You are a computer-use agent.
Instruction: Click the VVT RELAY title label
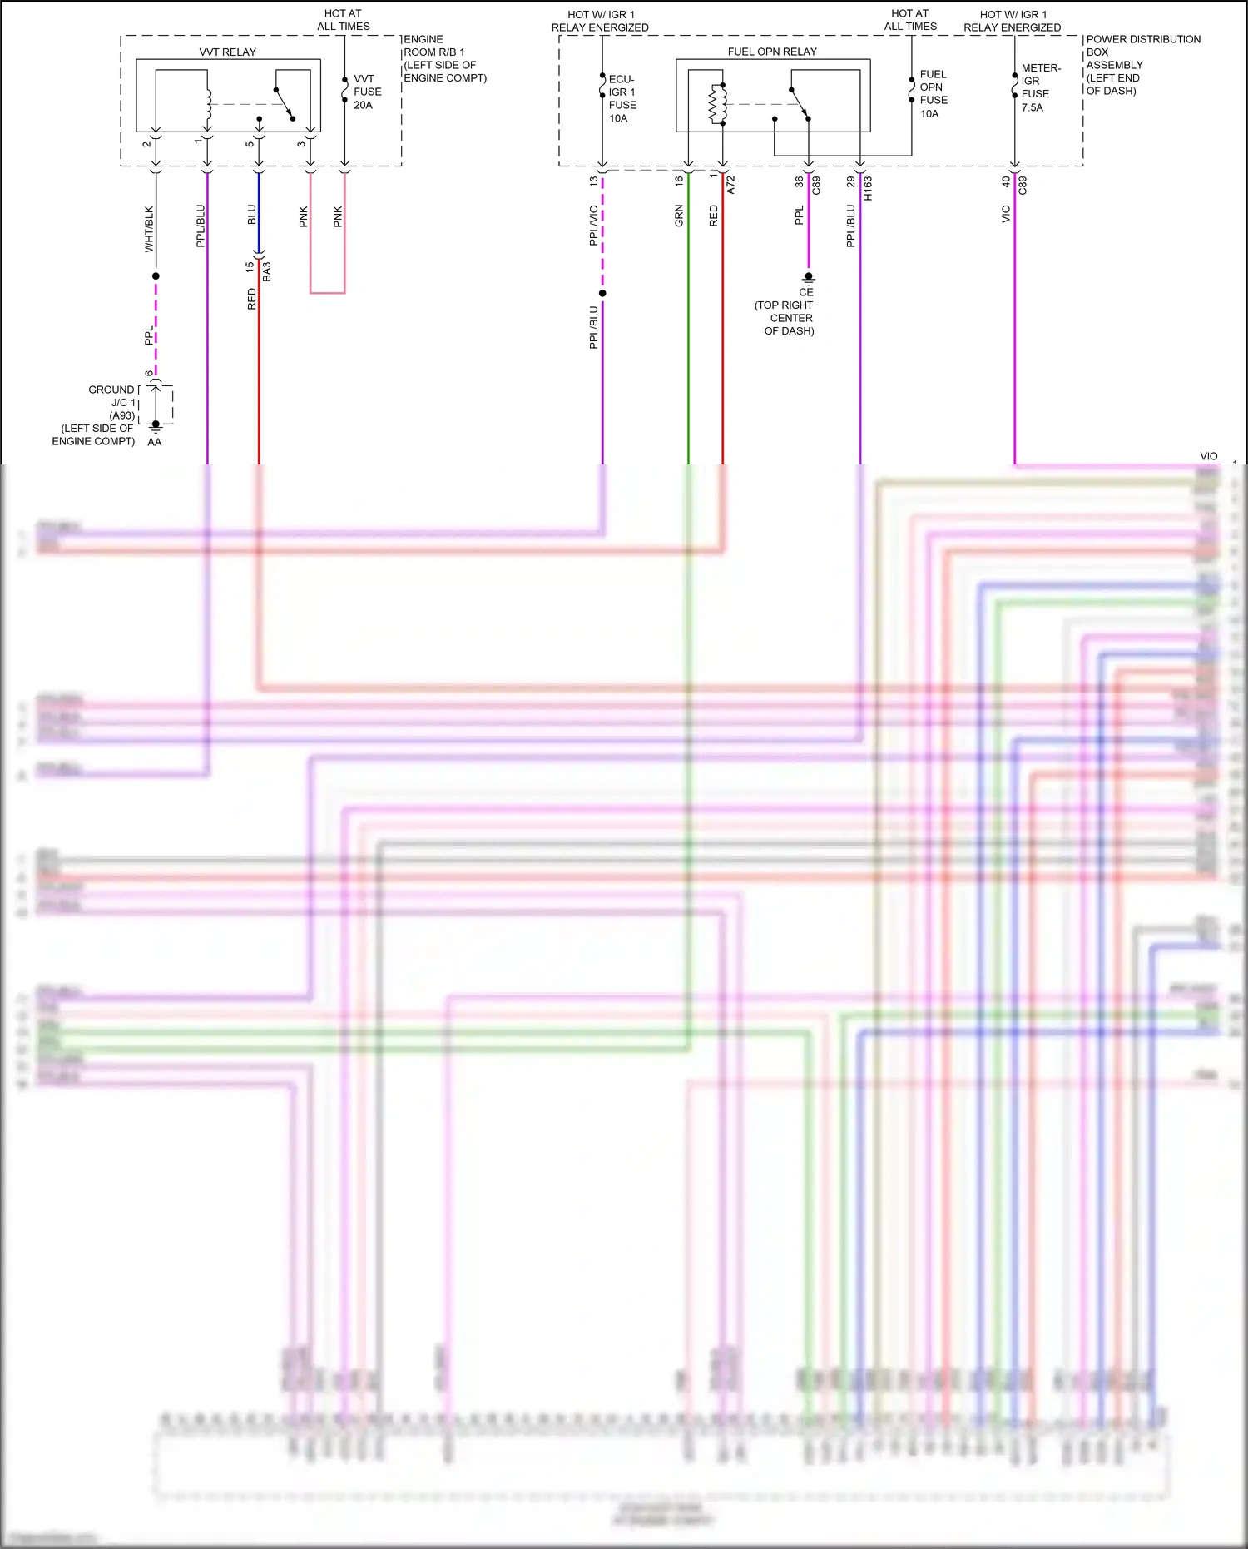click(x=227, y=52)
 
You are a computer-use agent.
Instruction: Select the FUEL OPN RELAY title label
click(x=772, y=52)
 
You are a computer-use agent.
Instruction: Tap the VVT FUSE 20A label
click(x=367, y=92)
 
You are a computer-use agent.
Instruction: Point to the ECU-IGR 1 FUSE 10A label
click(x=622, y=98)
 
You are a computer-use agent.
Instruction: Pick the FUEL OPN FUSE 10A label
click(x=933, y=93)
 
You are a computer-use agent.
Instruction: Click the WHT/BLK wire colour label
click(x=149, y=229)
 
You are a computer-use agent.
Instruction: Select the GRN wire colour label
click(x=679, y=216)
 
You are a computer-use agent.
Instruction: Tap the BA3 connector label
click(x=267, y=271)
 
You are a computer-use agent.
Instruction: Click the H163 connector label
click(x=868, y=188)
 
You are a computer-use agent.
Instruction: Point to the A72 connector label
click(x=731, y=185)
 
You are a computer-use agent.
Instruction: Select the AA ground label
click(x=155, y=442)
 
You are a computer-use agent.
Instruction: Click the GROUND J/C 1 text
click(x=112, y=396)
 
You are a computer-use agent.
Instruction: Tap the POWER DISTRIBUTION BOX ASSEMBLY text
click(x=1142, y=52)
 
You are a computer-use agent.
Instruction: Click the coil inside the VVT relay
click(x=209, y=105)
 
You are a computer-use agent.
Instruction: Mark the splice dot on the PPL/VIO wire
click(x=602, y=293)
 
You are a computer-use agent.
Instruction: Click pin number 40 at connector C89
click(x=1006, y=181)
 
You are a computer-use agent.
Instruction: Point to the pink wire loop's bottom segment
click(x=327, y=293)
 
